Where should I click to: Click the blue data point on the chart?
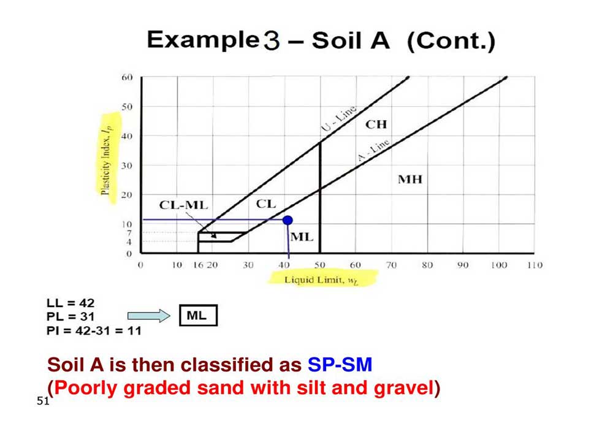tap(287, 219)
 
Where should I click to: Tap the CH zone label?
tap(376, 124)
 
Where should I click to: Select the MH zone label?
tap(411, 180)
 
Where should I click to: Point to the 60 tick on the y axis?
tap(127, 78)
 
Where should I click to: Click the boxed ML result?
tap(197, 316)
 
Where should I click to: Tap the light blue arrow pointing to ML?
tap(148, 316)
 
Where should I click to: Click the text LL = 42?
tap(70, 303)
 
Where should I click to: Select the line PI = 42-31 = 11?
tap(94, 331)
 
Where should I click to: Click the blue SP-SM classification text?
tap(340, 365)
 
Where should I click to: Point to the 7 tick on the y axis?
tap(129, 233)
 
